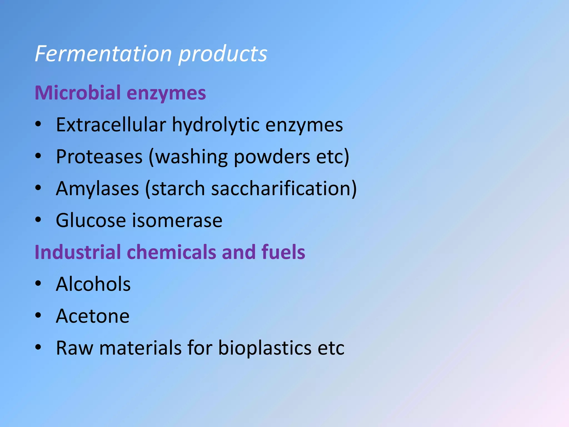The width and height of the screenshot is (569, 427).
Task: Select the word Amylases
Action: coord(97,189)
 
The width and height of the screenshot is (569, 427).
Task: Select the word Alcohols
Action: coord(93,284)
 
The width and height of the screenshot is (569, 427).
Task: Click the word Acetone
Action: coord(93,316)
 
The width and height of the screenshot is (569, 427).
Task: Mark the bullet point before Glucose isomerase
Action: coord(38,220)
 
